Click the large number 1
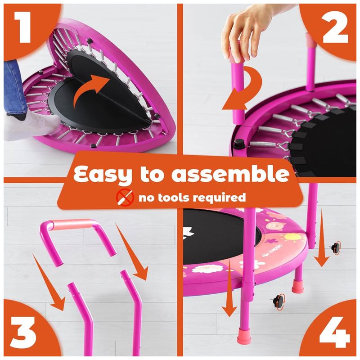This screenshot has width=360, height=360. (23, 27)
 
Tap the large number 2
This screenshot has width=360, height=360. (335, 27)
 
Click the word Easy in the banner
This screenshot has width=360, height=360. (103, 175)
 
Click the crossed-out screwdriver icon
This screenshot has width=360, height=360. (125, 198)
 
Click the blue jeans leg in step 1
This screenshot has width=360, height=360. (15, 87)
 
